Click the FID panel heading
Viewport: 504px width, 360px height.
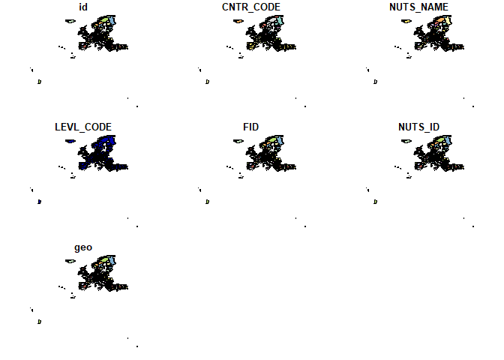coord(251,127)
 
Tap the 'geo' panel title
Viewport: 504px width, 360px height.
coord(83,247)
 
